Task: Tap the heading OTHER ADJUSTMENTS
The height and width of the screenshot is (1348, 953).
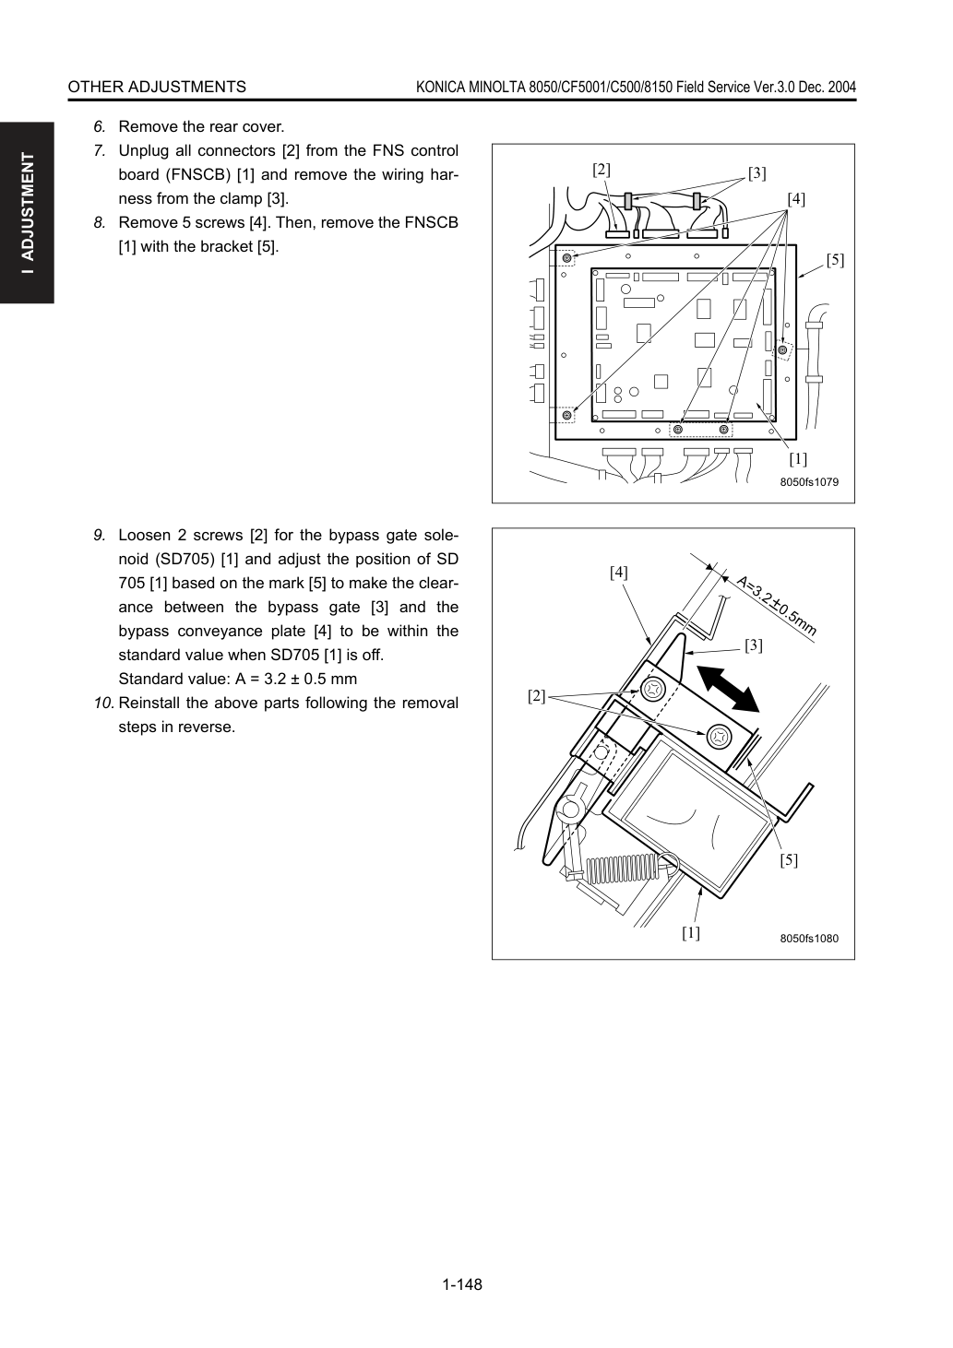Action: coord(157,87)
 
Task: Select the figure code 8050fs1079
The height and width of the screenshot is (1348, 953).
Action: coord(809,482)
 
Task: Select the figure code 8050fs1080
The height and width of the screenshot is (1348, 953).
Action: coord(809,939)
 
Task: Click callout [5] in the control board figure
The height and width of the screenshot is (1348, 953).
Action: coord(835,260)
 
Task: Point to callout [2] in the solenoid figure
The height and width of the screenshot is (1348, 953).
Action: coord(536,696)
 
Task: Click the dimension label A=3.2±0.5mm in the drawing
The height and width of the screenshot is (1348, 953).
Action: coord(776,606)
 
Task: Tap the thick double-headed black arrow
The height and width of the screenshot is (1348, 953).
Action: coord(728,689)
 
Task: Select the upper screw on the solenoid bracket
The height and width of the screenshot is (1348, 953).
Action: coord(652,689)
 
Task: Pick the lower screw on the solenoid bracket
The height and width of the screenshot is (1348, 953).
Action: coord(719,737)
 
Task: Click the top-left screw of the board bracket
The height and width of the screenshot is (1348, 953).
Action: coord(566,259)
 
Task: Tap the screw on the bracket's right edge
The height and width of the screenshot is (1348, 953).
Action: coord(782,349)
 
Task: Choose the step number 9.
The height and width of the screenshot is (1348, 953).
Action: coord(100,535)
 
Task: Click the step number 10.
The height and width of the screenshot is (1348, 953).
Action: coord(103,703)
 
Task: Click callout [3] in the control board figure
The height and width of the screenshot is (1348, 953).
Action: coord(756,173)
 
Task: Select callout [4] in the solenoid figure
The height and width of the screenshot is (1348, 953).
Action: coord(618,573)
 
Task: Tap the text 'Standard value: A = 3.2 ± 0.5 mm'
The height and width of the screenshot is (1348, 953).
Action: coord(238,679)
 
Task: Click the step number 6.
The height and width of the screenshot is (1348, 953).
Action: coord(100,127)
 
